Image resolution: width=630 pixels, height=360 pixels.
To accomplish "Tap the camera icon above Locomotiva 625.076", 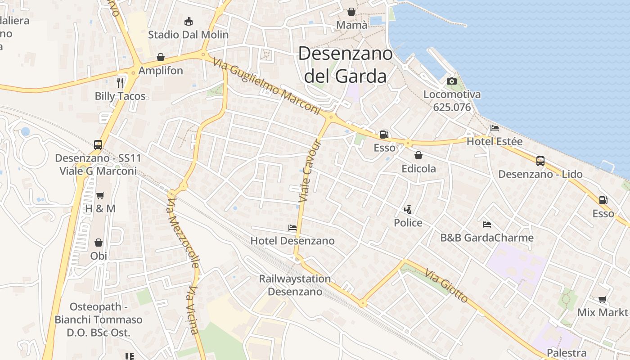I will tap(451, 81).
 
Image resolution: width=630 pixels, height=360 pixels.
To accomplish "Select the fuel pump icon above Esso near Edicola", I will tap(384, 134).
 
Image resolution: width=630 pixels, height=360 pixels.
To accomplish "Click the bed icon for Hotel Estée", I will tap(495, 128).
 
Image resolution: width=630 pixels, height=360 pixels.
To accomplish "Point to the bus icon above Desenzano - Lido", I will tap(540, 161).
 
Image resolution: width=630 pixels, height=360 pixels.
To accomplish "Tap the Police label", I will tap(408, 223).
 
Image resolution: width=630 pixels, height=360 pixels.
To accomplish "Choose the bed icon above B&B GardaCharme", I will tap(486, 224).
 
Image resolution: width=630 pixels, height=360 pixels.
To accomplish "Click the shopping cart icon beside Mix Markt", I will tap(603, 299).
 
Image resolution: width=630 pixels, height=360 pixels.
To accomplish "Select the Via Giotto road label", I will tap(446, 286).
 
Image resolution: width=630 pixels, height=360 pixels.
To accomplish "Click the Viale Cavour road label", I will tap(310, 171).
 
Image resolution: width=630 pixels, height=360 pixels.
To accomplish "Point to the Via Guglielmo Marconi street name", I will tap(267, 86).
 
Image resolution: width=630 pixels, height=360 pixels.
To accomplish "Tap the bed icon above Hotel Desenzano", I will tap(292, 228).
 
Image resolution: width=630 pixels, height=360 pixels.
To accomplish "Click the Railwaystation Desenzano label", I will tap(295, 285).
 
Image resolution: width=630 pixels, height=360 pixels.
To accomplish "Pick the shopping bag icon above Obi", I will tap(99, 243).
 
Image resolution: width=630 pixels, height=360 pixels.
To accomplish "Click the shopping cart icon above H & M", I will tap(100, 195).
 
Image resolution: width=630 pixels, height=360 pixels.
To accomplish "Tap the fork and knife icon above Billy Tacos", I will tap(120, 82).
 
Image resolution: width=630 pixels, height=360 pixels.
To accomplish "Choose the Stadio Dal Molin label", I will tap(188, 34).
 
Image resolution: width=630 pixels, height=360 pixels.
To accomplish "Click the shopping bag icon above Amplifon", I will tap(161, 57).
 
